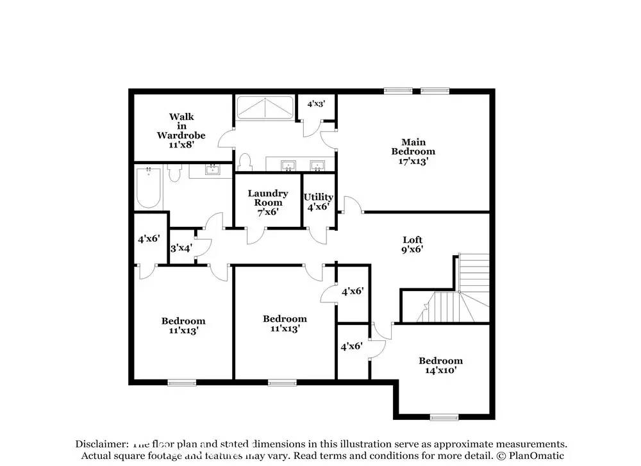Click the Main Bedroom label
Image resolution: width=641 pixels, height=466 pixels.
(413, 151)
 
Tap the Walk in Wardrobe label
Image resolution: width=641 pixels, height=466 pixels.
(181, 130)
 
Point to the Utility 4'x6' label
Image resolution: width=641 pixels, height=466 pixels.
(319, 202)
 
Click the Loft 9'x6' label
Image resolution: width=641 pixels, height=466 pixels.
(412, 244)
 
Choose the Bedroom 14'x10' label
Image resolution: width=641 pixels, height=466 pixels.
(440, 365)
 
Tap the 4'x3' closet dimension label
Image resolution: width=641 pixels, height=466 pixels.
(316, 104)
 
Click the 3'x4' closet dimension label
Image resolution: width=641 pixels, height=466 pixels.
(181, 248)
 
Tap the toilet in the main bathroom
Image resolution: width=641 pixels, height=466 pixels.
(244, 162)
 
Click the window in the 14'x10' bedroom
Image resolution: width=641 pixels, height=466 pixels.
(444, 417)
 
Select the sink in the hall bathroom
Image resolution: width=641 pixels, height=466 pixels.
(212, 170)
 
